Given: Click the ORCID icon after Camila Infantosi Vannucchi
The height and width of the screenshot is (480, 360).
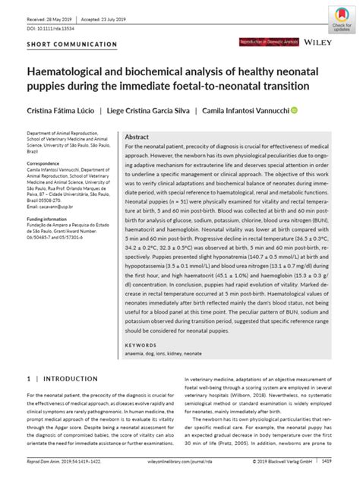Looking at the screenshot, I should click(x=294, y=109).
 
